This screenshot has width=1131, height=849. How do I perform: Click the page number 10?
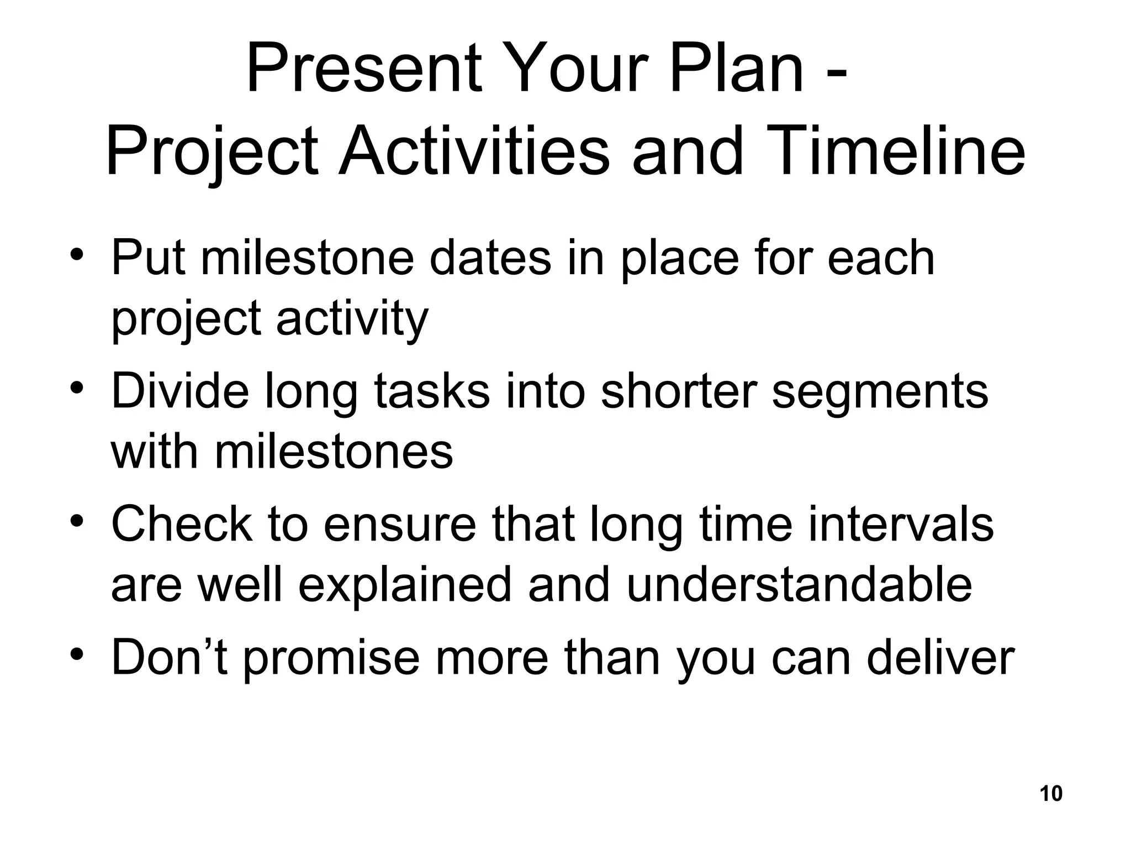click(x=1050, y=794)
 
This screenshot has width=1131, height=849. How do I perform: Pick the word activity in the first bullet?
click(x=352, y=319)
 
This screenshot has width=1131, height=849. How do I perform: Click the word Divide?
click(x=180, y=391)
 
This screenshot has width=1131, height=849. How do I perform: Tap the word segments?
click(x=879, y=392)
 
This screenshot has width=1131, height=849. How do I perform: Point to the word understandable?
click(x=799, y=585)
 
